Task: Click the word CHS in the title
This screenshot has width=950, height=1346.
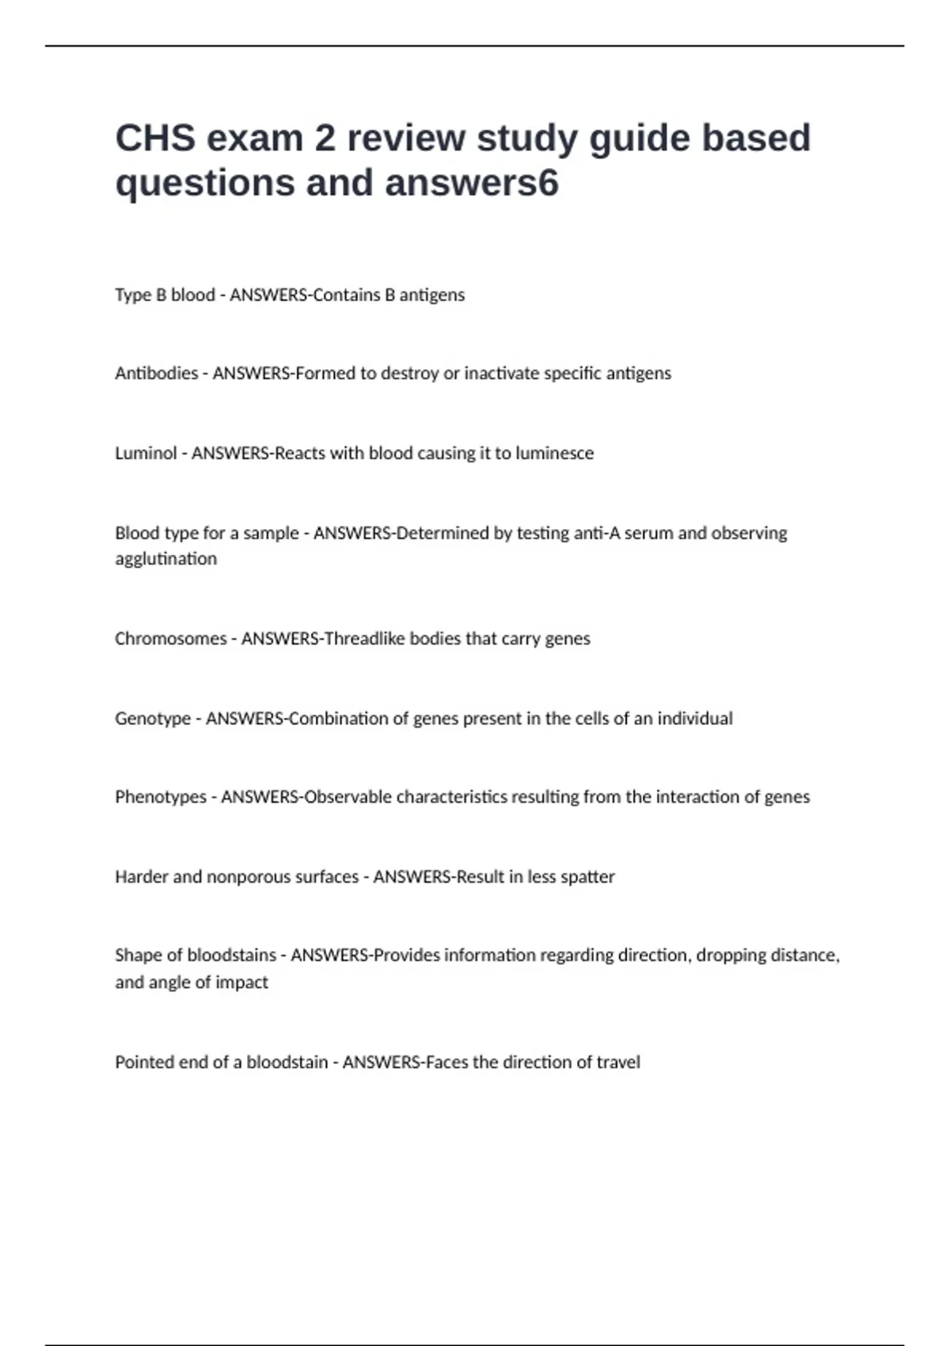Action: click(155, 138)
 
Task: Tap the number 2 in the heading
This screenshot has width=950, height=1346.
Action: click(325, 138)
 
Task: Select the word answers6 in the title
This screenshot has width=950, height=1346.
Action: click(472, 183)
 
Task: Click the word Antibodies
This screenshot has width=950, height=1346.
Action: click(156, 373)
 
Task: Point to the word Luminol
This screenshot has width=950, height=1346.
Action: click(146, 453)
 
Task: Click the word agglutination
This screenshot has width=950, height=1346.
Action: click(165, 559)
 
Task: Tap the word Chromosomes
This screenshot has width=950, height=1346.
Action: click(170, 638)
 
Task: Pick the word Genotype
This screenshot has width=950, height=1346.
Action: click(153, 718)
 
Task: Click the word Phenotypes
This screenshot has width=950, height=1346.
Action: click(160, 797)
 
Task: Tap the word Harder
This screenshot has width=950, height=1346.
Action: click(141, 876)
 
